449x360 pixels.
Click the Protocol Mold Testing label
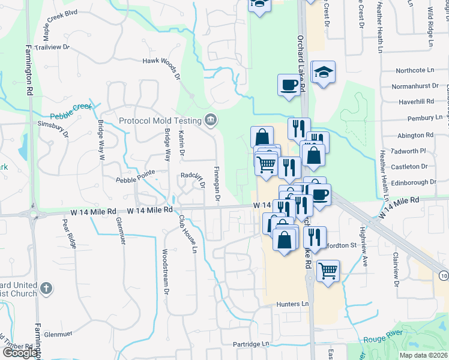[x=161, y=121]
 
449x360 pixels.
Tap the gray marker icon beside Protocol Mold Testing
[x=210, y=120]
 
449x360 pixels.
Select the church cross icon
[x=46, y=290]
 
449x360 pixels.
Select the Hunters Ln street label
[x=292, y=304]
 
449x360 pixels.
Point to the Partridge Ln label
[x=252, y=344]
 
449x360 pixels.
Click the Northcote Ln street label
[x=412, y=70]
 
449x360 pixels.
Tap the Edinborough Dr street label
[x=413, y=182]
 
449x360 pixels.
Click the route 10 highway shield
[x=443, y=275]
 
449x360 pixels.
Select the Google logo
[x=20, y=353]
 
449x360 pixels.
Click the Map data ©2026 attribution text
[x=424, y=355]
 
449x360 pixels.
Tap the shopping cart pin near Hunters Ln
[x=328, y=271]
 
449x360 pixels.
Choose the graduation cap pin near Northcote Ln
[x=324, y=72]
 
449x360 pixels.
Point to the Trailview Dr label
[x=53, y=47]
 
